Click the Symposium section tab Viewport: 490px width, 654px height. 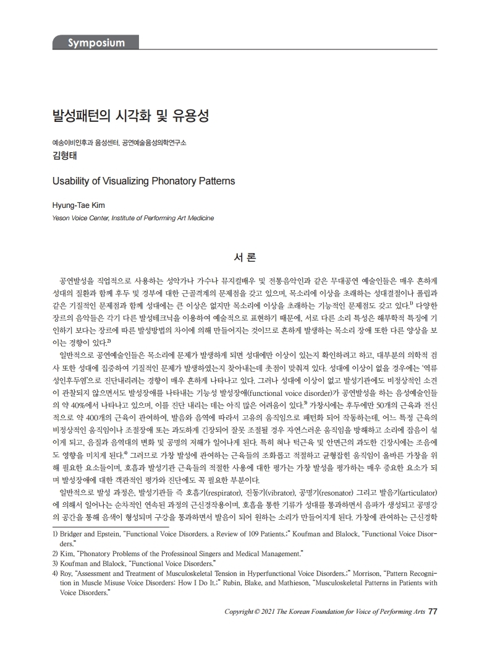(x=96, y=43)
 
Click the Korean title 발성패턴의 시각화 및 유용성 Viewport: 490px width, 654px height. (x=131, y=116)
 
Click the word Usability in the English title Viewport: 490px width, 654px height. (x=72, y=182)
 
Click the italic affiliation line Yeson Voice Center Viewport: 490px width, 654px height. (x=133, y=217)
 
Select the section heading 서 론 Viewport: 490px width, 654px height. (x=245, y=255)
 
